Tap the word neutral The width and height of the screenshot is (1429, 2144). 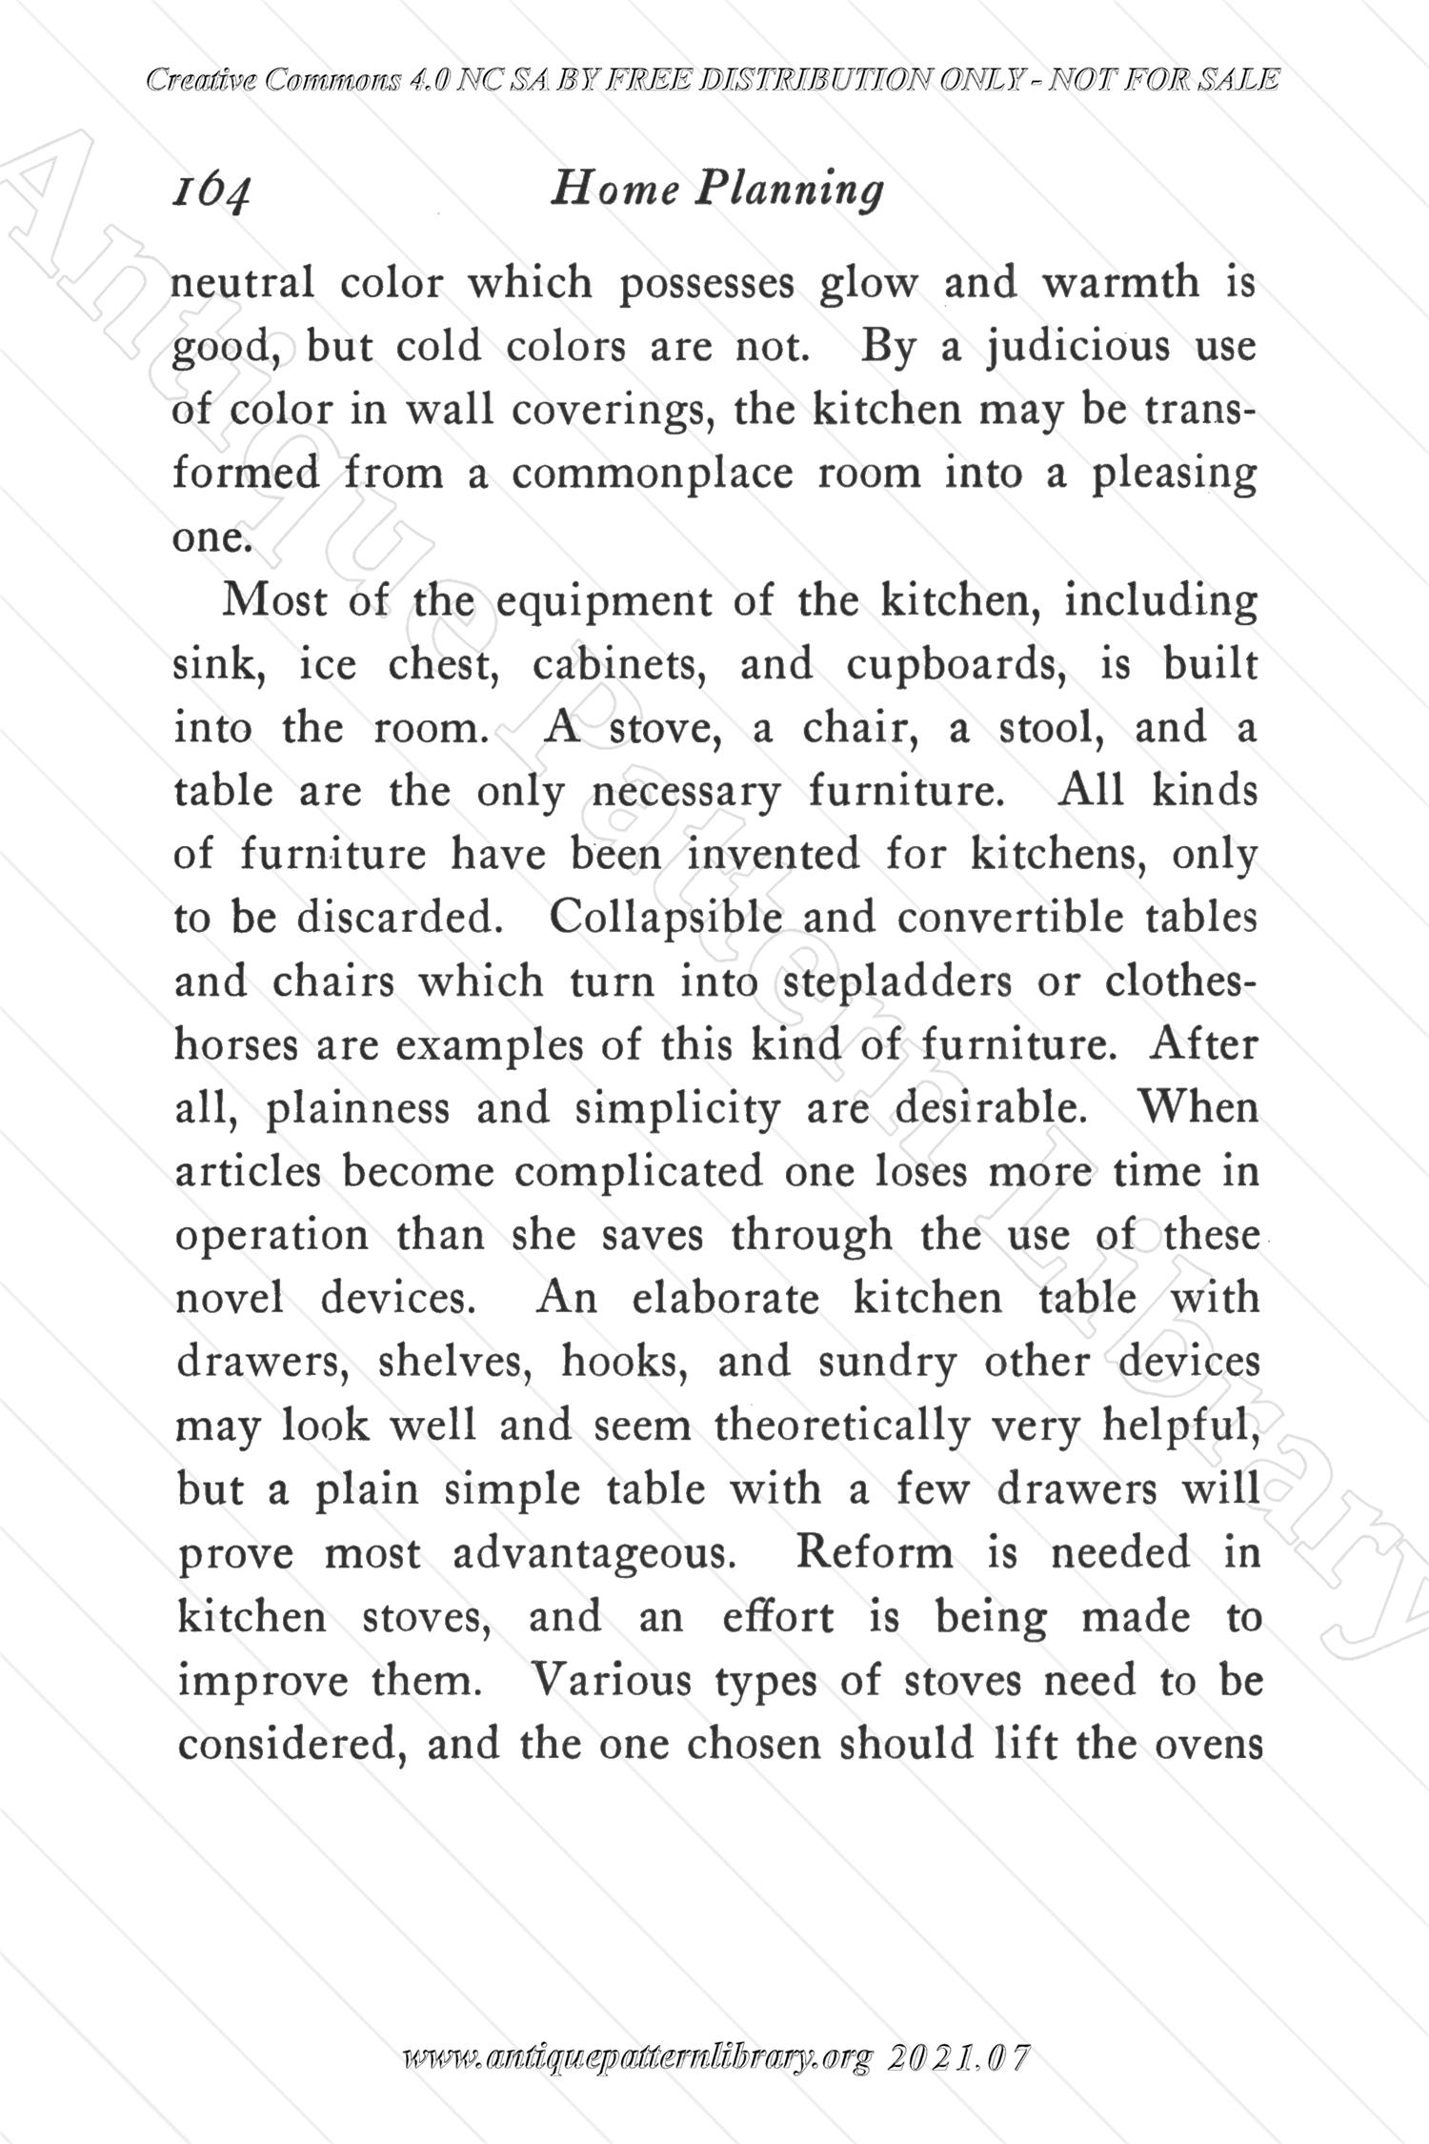(x=243, y=283)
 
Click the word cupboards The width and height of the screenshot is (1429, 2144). (x=956, y=664)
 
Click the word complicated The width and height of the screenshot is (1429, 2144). (x=639, y=1172)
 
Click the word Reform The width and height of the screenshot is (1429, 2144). (x=874, y=1552)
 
